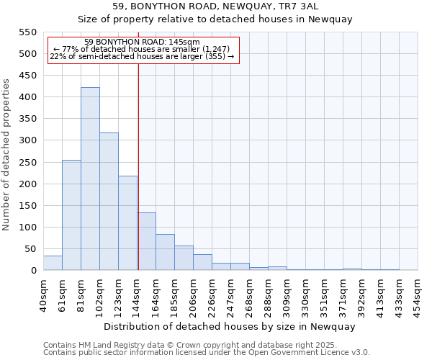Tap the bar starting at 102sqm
point(109,202)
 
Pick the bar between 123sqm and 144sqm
point(127,223)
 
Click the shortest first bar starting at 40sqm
point(53,263)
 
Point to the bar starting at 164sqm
point(165,252)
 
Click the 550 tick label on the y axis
point(27,32)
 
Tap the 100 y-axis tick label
point(27,228)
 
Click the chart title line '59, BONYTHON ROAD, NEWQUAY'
point(230,6)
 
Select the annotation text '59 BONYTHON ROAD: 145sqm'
point(142,42)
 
